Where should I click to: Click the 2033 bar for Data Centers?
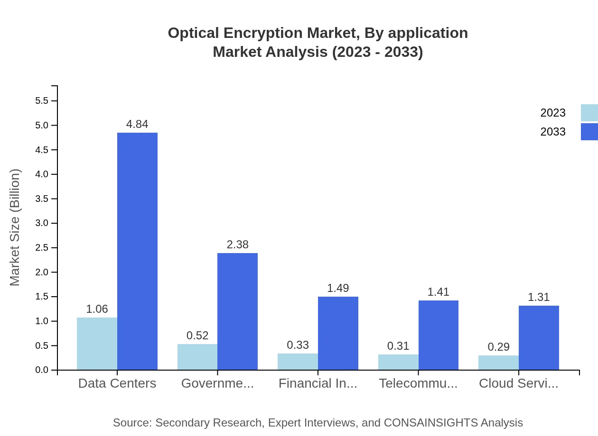137,251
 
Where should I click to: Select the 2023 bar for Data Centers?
97,344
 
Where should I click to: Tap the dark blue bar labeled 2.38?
237,311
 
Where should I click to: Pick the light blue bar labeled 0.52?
197,357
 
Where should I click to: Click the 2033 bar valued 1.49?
338,333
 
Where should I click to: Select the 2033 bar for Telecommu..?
439,335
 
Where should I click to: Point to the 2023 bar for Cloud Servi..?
498,363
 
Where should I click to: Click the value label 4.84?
137,124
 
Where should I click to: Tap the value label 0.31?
398,346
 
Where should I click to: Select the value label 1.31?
539,297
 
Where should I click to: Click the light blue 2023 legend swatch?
589,113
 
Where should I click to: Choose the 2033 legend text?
553,132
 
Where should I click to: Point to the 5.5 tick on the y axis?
42,101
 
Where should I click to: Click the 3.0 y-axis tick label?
42,223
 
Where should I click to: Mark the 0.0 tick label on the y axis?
42,370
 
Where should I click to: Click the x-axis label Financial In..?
318,383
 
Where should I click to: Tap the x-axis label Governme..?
217,383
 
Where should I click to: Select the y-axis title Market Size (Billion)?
15,227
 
